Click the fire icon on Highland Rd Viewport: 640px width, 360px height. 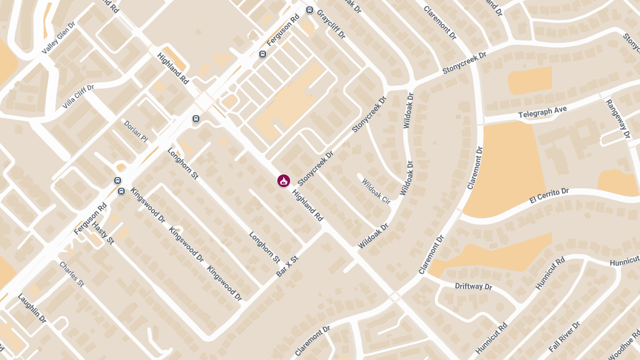(284, 181)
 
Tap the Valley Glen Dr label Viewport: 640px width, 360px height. (58, 38)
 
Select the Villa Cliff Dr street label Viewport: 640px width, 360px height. (78, 97)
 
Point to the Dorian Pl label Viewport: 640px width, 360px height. (135, 131)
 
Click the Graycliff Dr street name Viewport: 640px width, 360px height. (331, 25)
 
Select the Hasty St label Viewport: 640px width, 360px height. (103, 233)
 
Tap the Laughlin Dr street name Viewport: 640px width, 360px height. (32, 308)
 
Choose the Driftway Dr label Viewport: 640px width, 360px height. (473, 286)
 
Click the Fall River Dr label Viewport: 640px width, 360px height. (564, 337)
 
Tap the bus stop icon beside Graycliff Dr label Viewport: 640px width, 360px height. (309, 10)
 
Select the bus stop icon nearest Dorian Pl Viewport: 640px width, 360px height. (196, 118)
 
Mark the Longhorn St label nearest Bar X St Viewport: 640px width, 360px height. (265, 247)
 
